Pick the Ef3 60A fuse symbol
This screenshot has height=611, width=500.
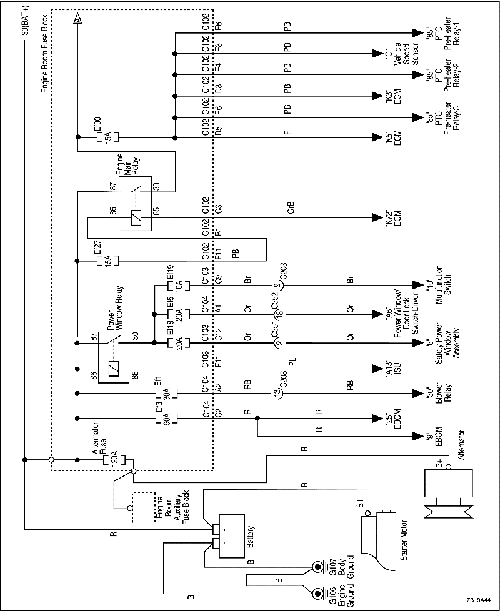coord(166,417)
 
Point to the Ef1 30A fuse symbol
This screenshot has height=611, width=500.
coord(166,393)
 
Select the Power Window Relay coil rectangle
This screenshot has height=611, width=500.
coord(114,369)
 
